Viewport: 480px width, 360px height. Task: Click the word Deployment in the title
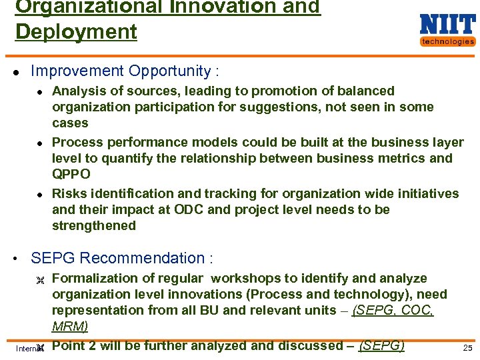click(x=76, y=31)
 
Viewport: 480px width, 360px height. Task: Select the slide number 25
click(x=467, y=349)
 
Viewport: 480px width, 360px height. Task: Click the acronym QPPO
click(x=71, y=174)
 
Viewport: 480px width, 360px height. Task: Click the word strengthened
click(x=94, y=225)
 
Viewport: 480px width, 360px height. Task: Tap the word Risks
click(x=69, y=193)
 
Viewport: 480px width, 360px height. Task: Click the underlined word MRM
click(x=69, y=326)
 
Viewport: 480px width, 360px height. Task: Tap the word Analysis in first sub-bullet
click(x=78, y=91)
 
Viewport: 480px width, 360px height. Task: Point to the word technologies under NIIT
click(x=447, y=41)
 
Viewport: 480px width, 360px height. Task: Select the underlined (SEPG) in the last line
click(x=381, y=345)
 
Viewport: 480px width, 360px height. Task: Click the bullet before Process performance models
click(x=40, y=143)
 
